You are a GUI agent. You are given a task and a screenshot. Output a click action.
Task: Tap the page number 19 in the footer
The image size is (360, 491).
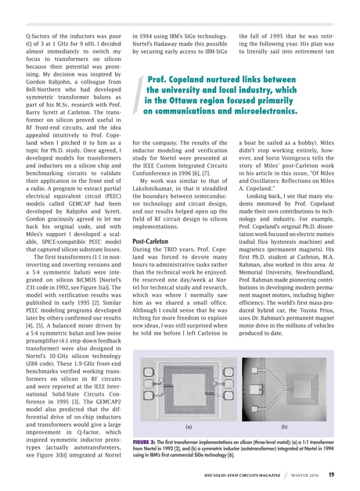point(333,472)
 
